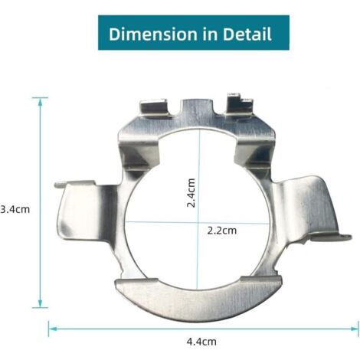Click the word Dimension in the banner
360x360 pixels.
153,34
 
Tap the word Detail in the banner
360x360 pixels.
247,34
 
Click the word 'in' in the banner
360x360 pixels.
210,34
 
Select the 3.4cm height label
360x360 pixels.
15,210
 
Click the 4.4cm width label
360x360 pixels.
201,342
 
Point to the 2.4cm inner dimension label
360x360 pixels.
191,193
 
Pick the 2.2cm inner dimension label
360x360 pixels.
222,231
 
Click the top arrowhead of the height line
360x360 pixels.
40,102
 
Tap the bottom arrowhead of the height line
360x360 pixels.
40,303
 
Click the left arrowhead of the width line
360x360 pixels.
52,329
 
